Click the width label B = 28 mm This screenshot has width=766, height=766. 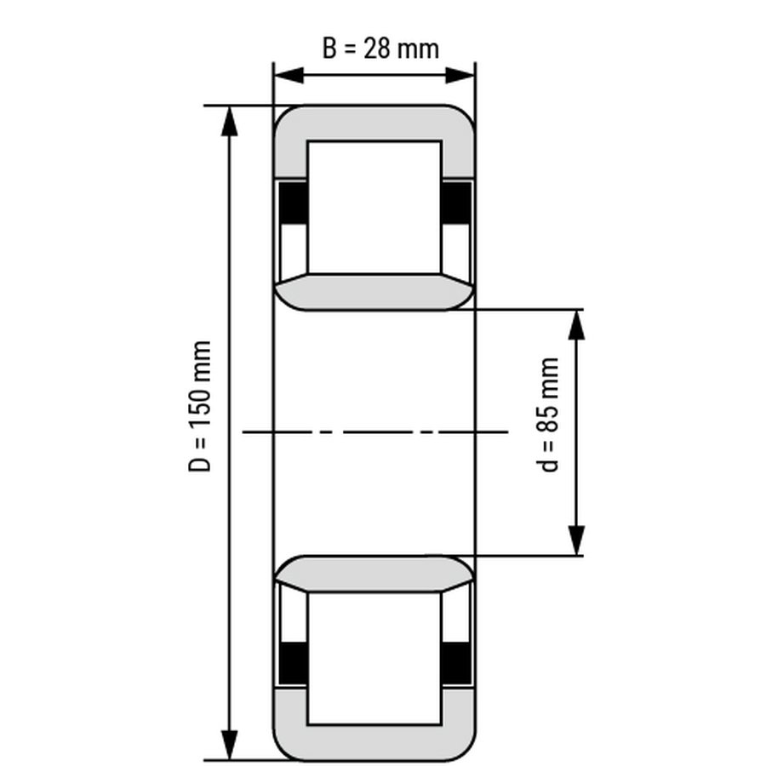coord(380,49)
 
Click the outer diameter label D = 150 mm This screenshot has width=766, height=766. coord(200,407)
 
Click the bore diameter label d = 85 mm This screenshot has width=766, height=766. coord(547,414)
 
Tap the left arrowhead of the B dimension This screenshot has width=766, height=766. coord(289,76)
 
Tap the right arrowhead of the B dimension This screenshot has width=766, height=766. coord(460,76)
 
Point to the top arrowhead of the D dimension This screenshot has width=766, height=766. coord(229,121)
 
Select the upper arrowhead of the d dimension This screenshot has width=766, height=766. coord(577,325)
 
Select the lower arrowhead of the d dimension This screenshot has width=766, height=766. coord(577,540)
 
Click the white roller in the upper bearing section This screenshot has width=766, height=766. coord(374,208)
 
